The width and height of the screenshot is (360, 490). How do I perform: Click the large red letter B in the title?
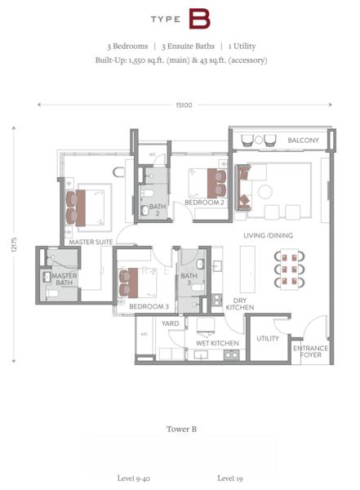(x=199, y=19)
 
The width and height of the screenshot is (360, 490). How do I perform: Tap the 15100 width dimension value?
(x=184, y=105)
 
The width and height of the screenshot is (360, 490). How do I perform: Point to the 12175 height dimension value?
(x=14, y=244)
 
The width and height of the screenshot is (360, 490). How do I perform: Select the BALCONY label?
(x=303, y=140)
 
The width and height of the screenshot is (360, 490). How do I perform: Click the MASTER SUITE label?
(x=91, y=242)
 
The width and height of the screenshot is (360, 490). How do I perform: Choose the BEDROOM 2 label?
(x=204, y=203)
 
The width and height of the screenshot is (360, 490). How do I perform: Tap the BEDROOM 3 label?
(x=149, y=306)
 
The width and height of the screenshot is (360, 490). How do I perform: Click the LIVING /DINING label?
(x=268, y=235)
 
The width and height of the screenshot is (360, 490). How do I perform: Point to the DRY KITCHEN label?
(x=240, y=304)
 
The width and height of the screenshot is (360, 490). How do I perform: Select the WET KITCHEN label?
(x=217, y=343)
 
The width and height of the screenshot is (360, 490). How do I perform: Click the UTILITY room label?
(x=268, y=338)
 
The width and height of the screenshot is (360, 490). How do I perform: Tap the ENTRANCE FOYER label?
(x=311, y=351)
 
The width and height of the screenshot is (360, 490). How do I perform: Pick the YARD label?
(x=170, y=323)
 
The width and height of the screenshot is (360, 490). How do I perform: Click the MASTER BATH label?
(x=64, y=279)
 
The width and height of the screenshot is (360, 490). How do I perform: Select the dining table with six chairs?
(x=289, y=269)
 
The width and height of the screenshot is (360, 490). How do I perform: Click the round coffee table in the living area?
(x=265, y=192)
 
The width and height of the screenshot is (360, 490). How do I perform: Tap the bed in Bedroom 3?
(x=137, y=283)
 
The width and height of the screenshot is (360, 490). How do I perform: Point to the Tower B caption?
(x=181, y=429)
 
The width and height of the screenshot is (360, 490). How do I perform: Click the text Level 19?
(x=230, y=478)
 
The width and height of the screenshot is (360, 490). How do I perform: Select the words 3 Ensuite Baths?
(x=188, y=47)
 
